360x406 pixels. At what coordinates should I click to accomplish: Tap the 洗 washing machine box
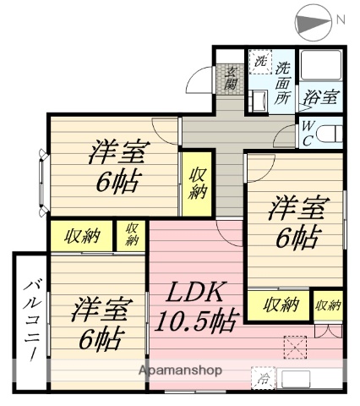point(260,63)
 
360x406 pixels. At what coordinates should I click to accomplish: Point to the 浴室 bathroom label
point(323,96)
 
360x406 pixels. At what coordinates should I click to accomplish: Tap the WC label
point(309,133)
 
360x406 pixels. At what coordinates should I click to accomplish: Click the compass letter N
point(341,19)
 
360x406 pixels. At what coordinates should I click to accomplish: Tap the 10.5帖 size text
point(206,322)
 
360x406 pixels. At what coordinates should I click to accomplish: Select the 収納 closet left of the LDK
point(132,234)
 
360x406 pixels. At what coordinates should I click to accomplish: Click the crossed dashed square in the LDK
point(295,348)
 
